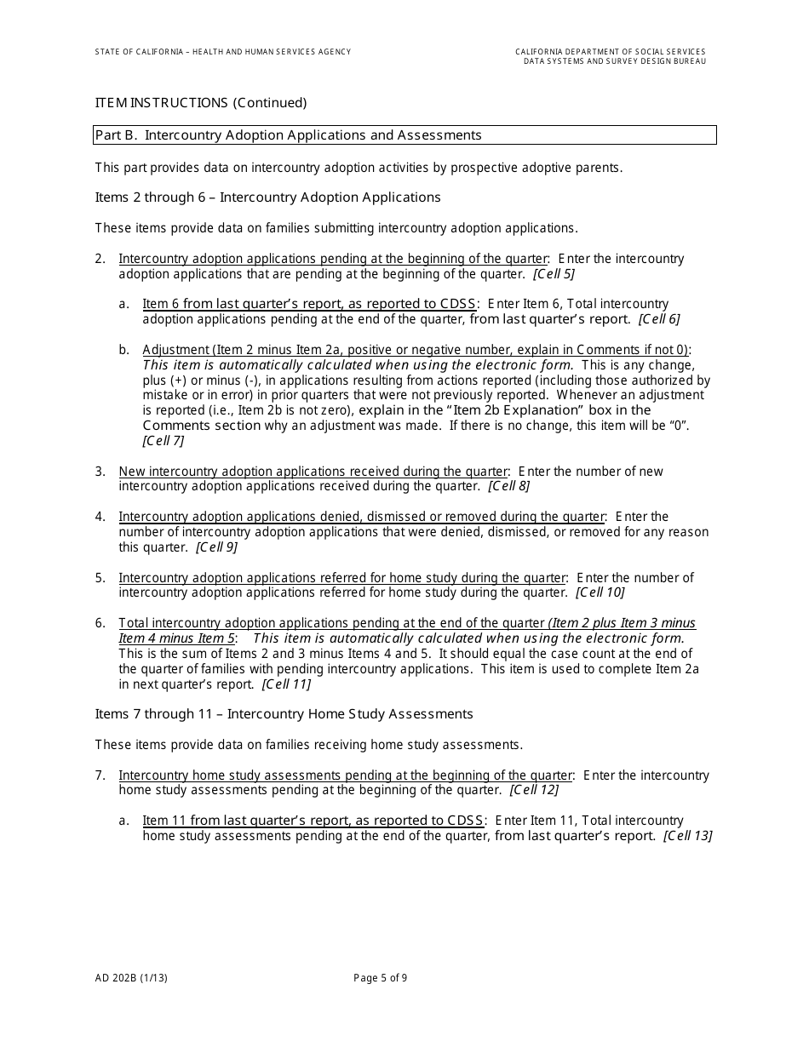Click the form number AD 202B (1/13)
coord(131,978)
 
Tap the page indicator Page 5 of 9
coord(381,978)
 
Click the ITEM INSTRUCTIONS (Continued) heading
coord(201,103)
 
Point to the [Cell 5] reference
coord(554,274)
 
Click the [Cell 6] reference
coord(659,319)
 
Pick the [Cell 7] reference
coord(164,441)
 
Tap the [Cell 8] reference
coord(508,486)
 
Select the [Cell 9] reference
coord(216,547)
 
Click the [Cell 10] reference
coord(600,592)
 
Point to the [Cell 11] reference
coord(286,684)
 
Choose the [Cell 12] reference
coord(534,790)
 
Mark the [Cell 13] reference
coord(688,836)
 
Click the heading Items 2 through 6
coord(267,197)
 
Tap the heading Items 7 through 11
coord(284,714)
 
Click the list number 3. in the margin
coord(100,472)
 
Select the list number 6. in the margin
coord(100,623)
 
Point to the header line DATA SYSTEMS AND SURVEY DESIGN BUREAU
coord(614,61)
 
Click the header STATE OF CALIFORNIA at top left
coord(222,52)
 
